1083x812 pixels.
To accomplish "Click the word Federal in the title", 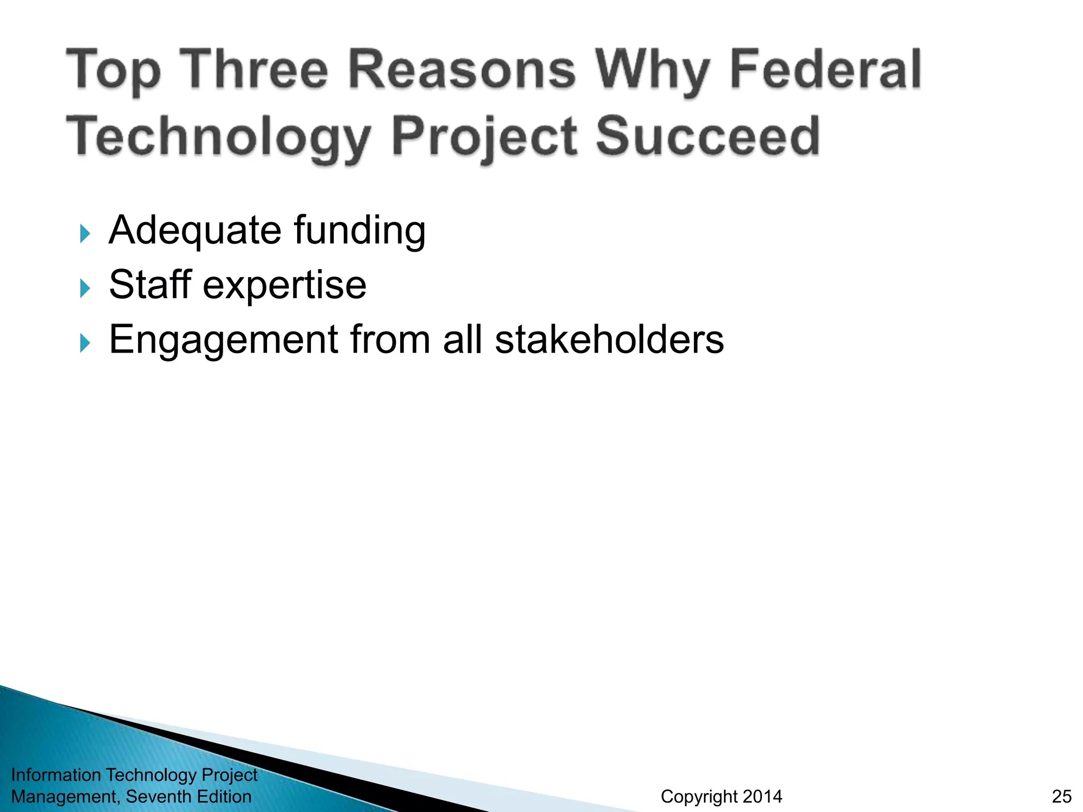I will tap(825, 70).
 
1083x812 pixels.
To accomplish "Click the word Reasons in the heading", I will tap(462, 70).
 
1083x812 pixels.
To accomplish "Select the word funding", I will tap(360, 231).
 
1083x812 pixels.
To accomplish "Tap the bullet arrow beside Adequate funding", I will tap(85, 233).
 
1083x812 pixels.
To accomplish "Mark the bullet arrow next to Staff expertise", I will tap(85, 288).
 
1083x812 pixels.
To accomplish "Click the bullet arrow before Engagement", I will tap(85, 343).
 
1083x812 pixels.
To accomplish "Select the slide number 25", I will tap(1062, 796).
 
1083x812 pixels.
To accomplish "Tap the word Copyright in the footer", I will tap(698, 797).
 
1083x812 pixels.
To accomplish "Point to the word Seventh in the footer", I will tap(159, 796).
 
